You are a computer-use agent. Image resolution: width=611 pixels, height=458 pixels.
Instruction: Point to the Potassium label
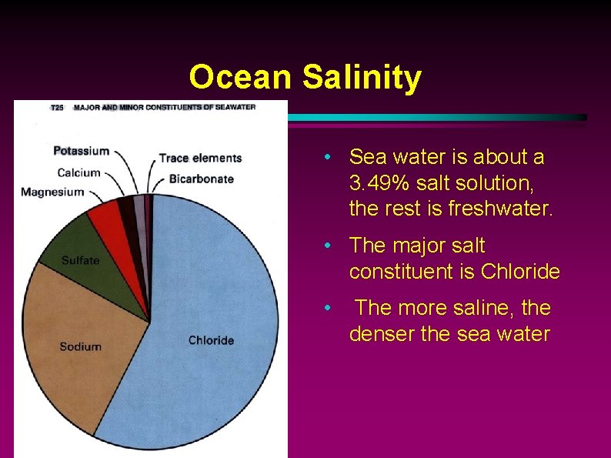82,151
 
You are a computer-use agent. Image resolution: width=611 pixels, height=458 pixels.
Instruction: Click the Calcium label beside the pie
78,172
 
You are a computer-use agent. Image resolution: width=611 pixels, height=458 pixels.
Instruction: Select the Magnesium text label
52,192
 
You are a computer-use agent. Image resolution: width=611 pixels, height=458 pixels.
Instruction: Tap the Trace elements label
200,159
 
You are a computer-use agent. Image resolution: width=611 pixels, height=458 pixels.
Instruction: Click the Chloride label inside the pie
212,340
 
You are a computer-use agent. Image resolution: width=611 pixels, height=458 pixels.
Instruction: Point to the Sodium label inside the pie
80,346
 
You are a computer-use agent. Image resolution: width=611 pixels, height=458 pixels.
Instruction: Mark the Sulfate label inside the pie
81,260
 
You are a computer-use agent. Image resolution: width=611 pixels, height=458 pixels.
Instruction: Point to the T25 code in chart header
57,107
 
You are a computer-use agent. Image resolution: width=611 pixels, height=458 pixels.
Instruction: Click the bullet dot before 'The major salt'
328,246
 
